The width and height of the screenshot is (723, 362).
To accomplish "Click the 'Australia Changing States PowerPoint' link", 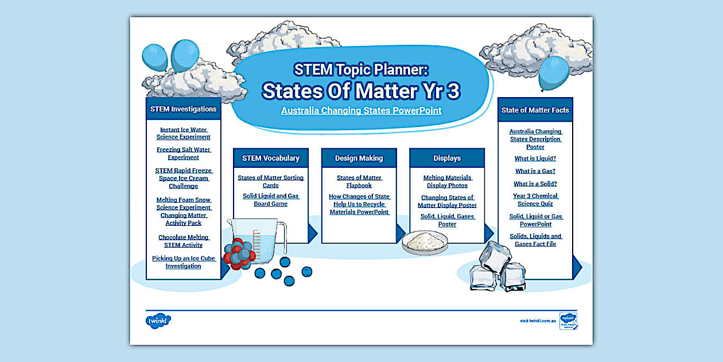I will pyautogui.click(x=361, y=110).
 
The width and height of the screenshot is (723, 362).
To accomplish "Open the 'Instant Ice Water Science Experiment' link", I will pyautogui.click(x=184, y=133).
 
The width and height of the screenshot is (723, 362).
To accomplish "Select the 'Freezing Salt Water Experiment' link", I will pyautogui.click(x=184, y=153).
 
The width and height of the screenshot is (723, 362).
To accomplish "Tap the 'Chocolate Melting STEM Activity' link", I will pyautogui.click(x=184, y=241).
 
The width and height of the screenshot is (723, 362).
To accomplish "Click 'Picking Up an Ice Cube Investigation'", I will pyautogui.click(x=184, y=262).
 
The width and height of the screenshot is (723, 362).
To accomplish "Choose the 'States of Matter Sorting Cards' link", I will pyautogui.click(x=271, y=182).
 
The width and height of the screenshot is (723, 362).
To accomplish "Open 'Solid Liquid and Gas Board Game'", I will pyautogui.click(x=271, y=200).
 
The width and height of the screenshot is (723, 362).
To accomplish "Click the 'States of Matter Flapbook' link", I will pyautogui.click(x=359, y=182).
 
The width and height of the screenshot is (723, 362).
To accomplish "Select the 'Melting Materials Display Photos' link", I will pyautogui.click(x=447, y=182).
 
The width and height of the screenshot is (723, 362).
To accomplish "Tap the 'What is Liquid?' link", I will pyautogui.click(x=535, y=159).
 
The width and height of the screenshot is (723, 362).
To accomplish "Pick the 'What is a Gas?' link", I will pyautogui.click(x=535, y=171).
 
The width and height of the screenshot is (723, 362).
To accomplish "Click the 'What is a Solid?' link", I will pyautogui.click(x=535, y=184).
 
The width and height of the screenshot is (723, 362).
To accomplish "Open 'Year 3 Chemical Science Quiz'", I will pyautogui.click(x=535, y=199).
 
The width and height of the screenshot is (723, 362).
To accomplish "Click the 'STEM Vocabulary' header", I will pyautogui.click(x=271, y=158).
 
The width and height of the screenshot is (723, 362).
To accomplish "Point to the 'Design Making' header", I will pyautogui.click(x=359, y=158).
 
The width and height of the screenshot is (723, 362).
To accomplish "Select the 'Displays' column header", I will pyautogui.click(x=447, y=158).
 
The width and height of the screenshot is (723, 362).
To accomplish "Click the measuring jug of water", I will pyautogui.click(x=265, y=238).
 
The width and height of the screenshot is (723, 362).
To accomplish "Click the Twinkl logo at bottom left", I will pyautogui.click(x=158, y=321).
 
